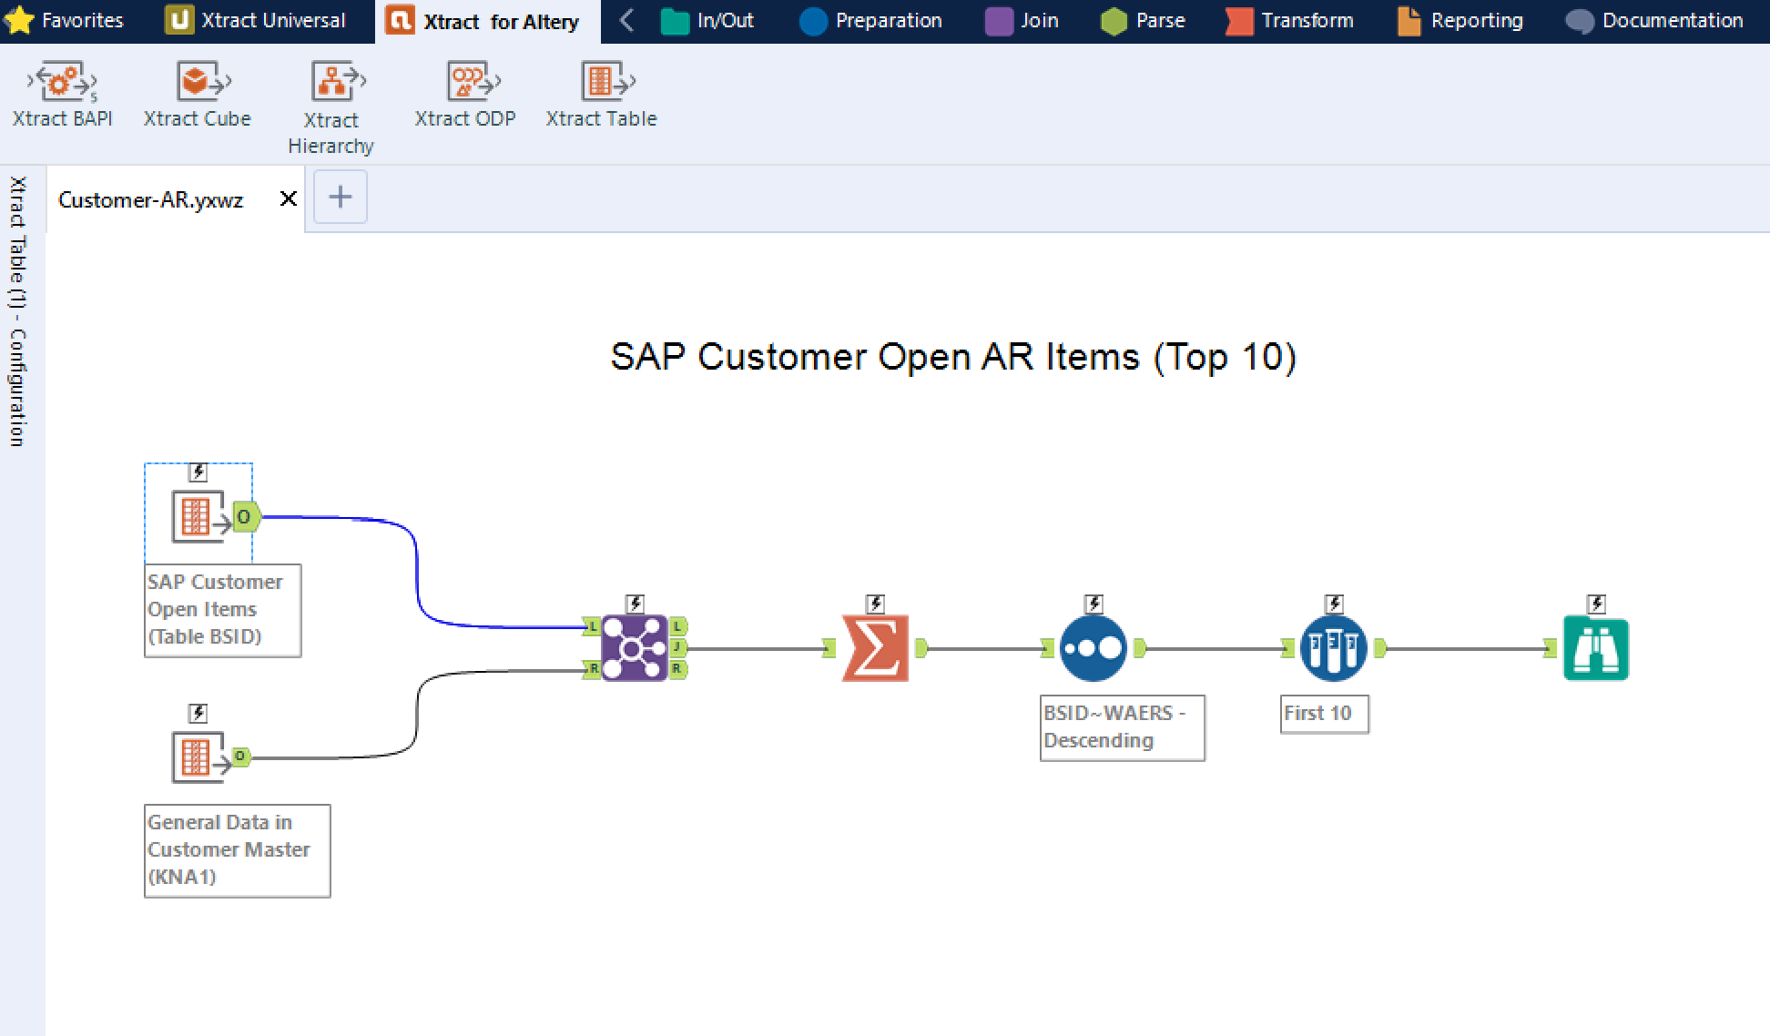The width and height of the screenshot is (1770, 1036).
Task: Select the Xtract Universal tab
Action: (257, 20)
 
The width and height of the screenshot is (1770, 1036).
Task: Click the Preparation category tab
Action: (871, 20)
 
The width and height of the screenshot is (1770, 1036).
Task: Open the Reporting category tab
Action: (1460, 20)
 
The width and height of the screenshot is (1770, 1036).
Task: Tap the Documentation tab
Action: (1655, 20)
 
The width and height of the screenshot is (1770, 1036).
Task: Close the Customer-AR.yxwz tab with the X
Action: (288, 198)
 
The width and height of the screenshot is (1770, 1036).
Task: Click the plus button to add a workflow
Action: (341, 197)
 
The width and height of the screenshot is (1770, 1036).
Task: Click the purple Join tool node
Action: (634, 648)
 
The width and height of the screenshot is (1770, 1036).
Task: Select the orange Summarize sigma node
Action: (875, 648)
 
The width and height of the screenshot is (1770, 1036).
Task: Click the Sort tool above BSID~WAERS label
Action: (1093, 648)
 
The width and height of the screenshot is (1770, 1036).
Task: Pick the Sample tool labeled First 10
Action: (1333, 648)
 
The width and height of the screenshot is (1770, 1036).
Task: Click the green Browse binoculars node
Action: (1595, 648)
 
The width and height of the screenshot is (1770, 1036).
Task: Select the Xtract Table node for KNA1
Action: (198, 757)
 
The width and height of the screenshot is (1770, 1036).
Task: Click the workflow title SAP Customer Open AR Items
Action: (952, 357)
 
